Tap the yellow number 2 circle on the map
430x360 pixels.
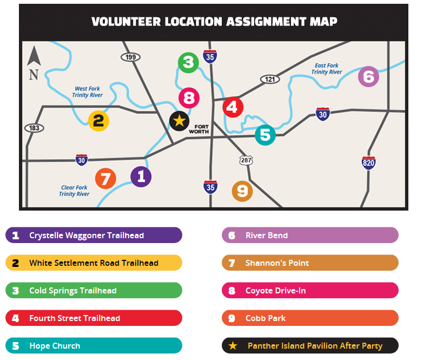98,120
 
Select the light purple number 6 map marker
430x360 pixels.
368,76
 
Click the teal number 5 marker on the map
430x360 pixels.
264,134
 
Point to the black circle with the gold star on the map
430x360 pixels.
179,121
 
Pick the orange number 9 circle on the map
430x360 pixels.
242,191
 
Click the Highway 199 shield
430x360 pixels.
131,57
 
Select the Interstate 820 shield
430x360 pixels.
368,162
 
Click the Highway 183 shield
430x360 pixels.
34,128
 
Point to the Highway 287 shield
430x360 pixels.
246,160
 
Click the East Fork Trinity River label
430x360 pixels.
327,69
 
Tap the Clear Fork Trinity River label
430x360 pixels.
74,191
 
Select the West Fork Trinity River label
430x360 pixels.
88,91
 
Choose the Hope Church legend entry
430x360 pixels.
94,345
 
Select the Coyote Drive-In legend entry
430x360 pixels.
310,290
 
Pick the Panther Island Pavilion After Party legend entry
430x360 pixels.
310,345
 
